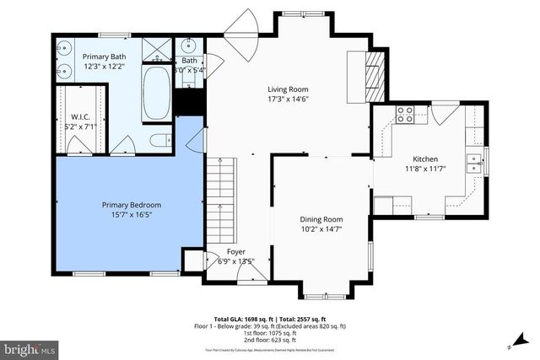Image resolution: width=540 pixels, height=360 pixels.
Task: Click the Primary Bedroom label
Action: [131, 205]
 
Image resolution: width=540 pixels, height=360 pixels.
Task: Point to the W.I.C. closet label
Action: [81, 116]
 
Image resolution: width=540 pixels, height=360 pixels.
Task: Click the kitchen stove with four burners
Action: [404, 115]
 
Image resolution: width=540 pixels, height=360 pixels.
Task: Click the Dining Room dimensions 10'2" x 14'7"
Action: [321, 228]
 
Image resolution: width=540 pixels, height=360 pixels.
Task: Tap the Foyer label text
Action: [236, 251]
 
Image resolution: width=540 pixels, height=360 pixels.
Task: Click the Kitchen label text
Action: [425, 159]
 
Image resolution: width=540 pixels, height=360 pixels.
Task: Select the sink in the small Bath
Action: [189, 46]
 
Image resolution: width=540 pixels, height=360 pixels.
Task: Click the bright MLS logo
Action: [30, 347]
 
